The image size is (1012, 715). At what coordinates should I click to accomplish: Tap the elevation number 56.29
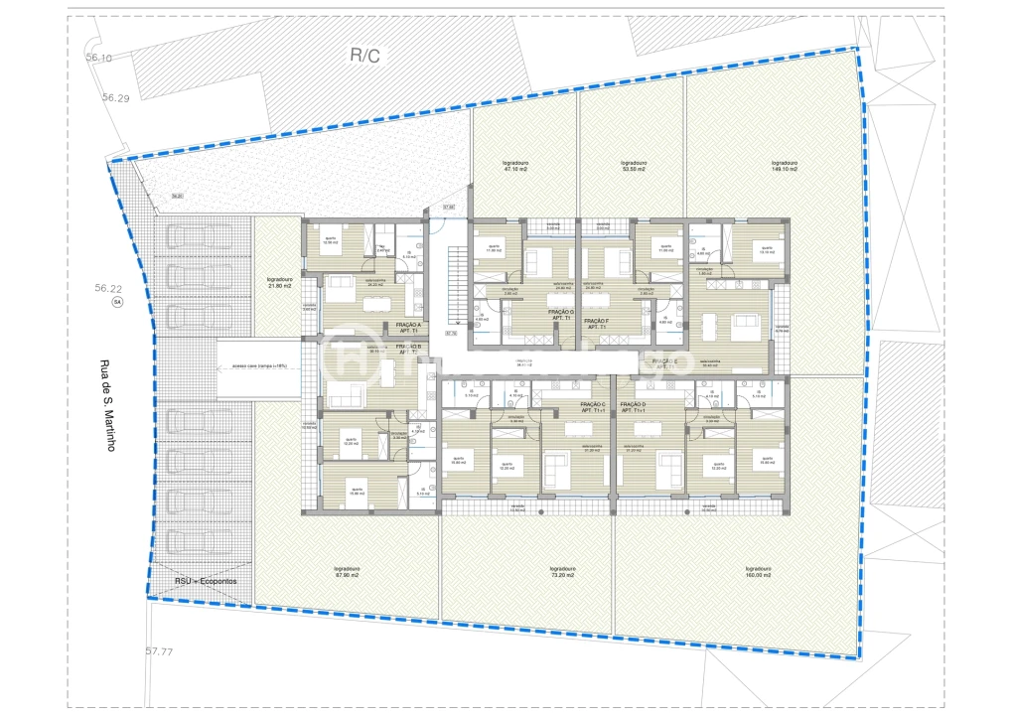tap(115, 98)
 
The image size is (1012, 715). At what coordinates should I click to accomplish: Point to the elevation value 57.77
tap(159, 652)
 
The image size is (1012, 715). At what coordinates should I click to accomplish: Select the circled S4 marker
tap(116, 301)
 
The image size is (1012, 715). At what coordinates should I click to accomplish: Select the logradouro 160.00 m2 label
tap(758, 572)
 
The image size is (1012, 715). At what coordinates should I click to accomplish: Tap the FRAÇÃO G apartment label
tap(561, 315)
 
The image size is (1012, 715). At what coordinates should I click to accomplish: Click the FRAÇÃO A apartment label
tap(407, 329)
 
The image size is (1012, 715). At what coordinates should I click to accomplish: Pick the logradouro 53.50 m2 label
tap(633, 166)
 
